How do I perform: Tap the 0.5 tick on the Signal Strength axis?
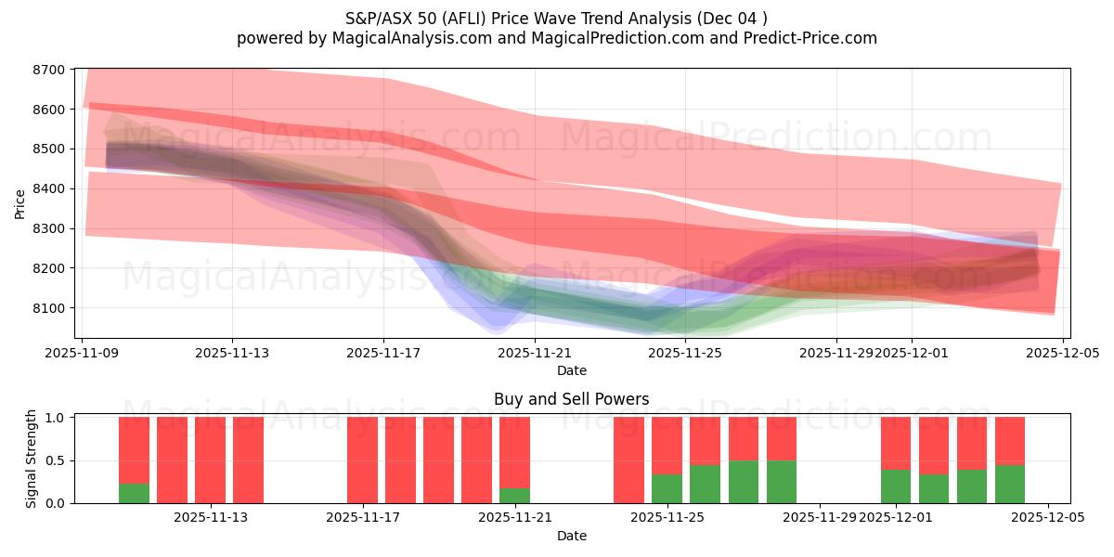56,460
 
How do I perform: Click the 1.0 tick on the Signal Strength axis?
56,418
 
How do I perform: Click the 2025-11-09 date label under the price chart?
83,353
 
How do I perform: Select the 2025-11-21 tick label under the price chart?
535,353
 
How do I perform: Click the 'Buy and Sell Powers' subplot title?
571,400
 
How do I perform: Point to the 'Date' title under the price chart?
571,370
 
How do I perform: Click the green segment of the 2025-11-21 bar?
514,496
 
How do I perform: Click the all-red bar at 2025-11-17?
362,460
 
